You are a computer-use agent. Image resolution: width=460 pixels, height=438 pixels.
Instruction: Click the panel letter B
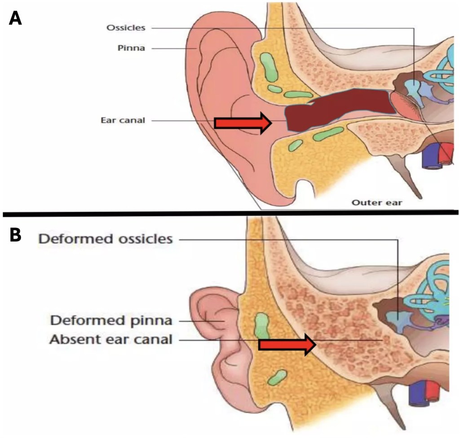(15, 234)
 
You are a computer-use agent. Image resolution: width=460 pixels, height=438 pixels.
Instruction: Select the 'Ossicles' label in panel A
(126, 28)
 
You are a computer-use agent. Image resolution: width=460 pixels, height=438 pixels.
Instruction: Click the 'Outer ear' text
(376, 202)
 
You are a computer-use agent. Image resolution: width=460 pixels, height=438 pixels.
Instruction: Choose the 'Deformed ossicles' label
(106, 239)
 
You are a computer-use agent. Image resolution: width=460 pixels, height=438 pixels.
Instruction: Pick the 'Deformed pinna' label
(111, 321)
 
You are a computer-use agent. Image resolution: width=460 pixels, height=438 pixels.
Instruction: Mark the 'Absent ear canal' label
(111, 340)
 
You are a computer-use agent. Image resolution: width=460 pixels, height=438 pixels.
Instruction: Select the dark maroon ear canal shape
(337, 108)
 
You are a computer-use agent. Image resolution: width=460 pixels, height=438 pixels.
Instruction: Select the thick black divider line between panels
(230, 212)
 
